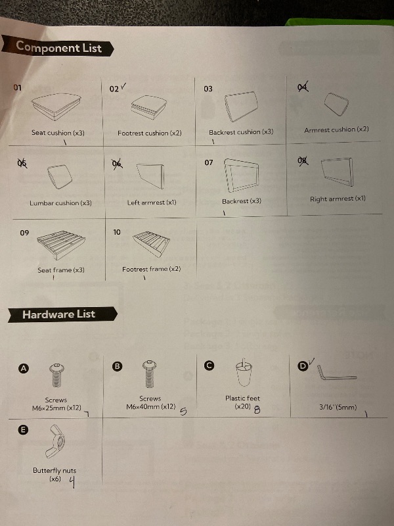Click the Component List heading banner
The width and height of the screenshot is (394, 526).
point(58,47)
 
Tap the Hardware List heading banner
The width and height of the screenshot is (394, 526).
point(62,315)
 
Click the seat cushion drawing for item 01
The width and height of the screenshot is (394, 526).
point(56,106)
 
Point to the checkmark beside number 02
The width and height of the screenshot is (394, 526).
point(123,86)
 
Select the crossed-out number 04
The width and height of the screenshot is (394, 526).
point(303,87)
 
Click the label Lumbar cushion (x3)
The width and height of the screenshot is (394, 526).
point(60,203)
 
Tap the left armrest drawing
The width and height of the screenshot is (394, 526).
point(150,176)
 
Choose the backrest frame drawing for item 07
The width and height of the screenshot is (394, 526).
point(241,175)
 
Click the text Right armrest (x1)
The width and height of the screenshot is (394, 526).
point(338,199)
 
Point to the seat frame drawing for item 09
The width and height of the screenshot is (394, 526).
point(61,245)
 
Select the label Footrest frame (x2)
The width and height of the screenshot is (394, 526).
point(152,269)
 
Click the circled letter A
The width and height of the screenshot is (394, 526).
point(24,368)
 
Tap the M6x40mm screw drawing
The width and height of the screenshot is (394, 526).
point(150,373)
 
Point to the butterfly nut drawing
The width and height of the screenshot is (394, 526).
point(55,441)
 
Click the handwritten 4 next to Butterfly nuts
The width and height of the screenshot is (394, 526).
point(72,482)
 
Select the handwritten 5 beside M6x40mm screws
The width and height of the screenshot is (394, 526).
point(183,411)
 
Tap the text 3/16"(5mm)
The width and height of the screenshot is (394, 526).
point(338,407)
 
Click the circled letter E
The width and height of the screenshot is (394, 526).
point(23,430)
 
